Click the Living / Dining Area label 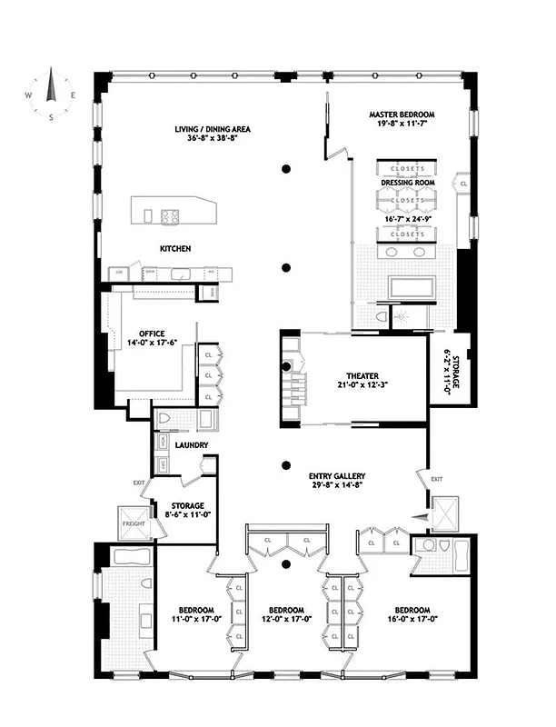coord(213,129)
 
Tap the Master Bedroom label coord(402,115)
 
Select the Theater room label coord(362,375)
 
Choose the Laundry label coord(192,445)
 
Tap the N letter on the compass coord(51,70)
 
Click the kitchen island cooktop coord(170,215)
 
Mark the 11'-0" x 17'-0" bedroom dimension coord(195,621)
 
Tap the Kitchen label coord(174,248)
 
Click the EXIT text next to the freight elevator coord(138,483)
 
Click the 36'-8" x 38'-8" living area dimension coord(213,140)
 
